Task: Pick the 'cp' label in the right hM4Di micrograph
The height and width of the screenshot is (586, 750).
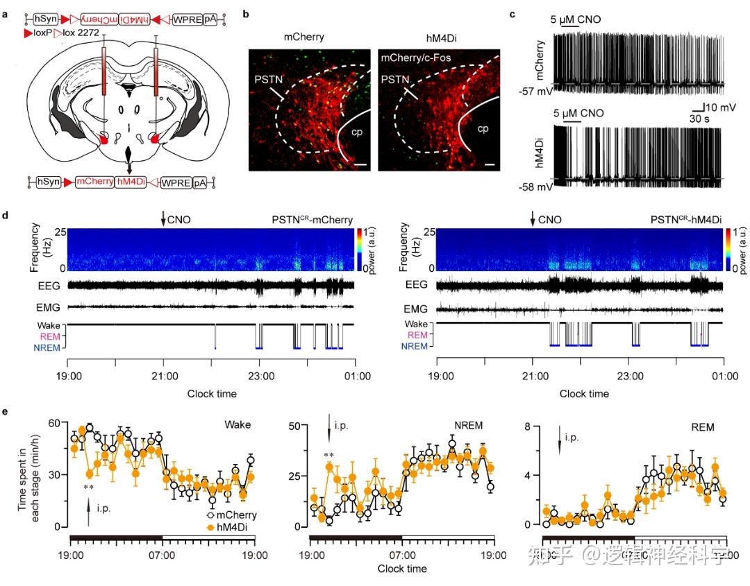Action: coord(482,128)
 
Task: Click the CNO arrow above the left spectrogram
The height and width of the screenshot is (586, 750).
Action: coord(163,220)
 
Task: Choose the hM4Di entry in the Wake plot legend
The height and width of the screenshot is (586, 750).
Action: coord(228,528)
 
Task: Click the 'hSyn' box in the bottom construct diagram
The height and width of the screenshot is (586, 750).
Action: coord(45,182)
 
